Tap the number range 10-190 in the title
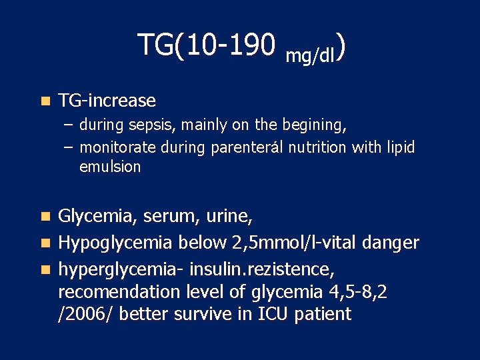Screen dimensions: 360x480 pos(231,45)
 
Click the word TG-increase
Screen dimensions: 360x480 pos(107,101)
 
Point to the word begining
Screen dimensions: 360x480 pos(316,125)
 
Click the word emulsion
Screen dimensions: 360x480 pos(110,167)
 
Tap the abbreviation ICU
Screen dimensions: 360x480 pos(272,314)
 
